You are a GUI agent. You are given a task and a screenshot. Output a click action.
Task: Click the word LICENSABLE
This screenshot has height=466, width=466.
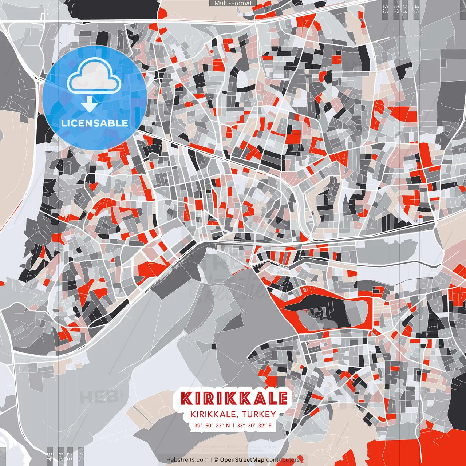coord(95,123)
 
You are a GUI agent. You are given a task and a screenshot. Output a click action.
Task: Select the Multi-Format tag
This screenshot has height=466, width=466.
coord(233,3)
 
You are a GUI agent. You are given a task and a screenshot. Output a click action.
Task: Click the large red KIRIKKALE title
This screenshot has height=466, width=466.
coord(234,398)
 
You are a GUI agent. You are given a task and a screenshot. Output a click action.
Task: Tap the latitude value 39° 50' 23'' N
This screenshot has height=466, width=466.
coord(212,425)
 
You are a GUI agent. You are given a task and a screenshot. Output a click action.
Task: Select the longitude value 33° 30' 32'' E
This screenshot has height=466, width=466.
coord(254,425)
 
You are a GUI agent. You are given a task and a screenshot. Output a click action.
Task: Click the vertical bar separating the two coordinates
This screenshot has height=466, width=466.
coord(233,425)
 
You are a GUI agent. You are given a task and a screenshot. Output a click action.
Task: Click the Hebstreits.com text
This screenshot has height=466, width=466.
coord(187,460)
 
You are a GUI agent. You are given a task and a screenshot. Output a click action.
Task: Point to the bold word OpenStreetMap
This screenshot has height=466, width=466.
coord(242,460)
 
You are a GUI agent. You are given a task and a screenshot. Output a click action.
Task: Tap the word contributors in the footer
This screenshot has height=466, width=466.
coord(283,460)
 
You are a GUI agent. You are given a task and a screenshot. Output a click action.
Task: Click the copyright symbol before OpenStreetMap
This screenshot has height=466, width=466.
coord(216,460)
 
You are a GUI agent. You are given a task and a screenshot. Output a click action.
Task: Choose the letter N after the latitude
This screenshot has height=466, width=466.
coord(228,425)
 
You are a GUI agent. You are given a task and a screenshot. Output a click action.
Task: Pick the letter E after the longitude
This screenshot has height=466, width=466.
coord(270,425)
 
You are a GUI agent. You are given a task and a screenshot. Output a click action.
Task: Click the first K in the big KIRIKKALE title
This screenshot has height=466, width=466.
coord(186,398)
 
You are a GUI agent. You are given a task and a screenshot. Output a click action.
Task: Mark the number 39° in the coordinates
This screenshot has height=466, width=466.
coord(198,425)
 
